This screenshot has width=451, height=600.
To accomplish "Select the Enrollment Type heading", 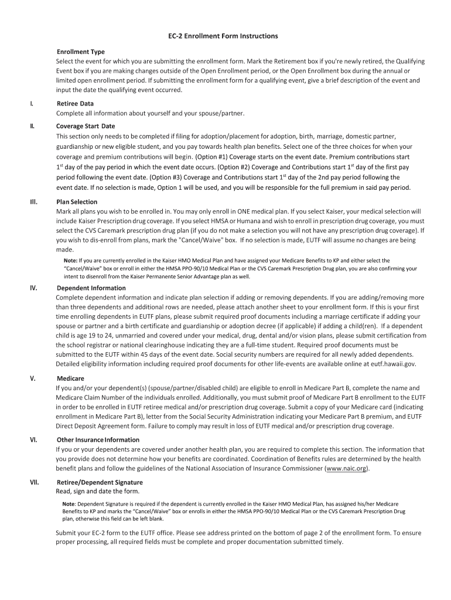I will [x=80, y=52].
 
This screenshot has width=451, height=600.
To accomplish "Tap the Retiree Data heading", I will [x=75, y=104].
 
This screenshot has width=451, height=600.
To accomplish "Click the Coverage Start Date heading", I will [x=86, y=126].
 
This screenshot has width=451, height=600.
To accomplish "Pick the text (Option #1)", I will [x=211, y=157].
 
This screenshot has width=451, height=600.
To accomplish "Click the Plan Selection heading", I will [x=77, y=202].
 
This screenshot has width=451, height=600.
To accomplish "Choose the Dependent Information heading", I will [x=91, y=288].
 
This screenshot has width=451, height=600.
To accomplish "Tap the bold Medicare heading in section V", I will [x=70, y=379].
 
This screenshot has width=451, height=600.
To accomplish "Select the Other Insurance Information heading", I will [x=98, y=439].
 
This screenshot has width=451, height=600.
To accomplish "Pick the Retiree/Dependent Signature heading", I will [x=100, y=482].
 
